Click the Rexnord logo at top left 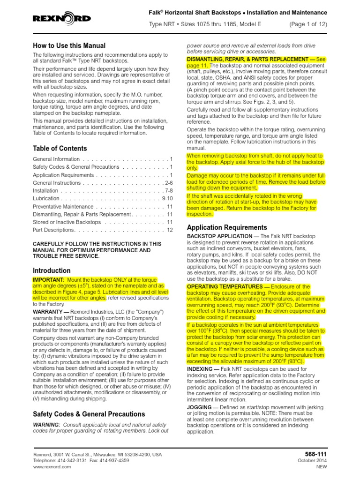61,19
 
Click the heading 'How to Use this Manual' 69,46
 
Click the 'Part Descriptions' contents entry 54,230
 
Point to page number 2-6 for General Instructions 168,183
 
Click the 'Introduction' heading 52,271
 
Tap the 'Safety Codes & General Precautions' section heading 89,414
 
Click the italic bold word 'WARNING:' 46,424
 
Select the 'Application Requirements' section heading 227,227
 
